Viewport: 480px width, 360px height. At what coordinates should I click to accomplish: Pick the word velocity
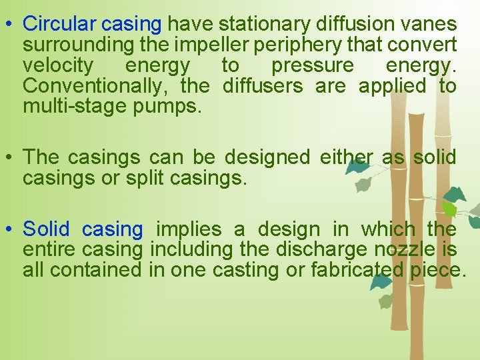pos(58,65)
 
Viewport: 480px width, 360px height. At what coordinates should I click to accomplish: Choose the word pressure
pos(313,65)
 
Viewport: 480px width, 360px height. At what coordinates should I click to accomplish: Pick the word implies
pos(189,230)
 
